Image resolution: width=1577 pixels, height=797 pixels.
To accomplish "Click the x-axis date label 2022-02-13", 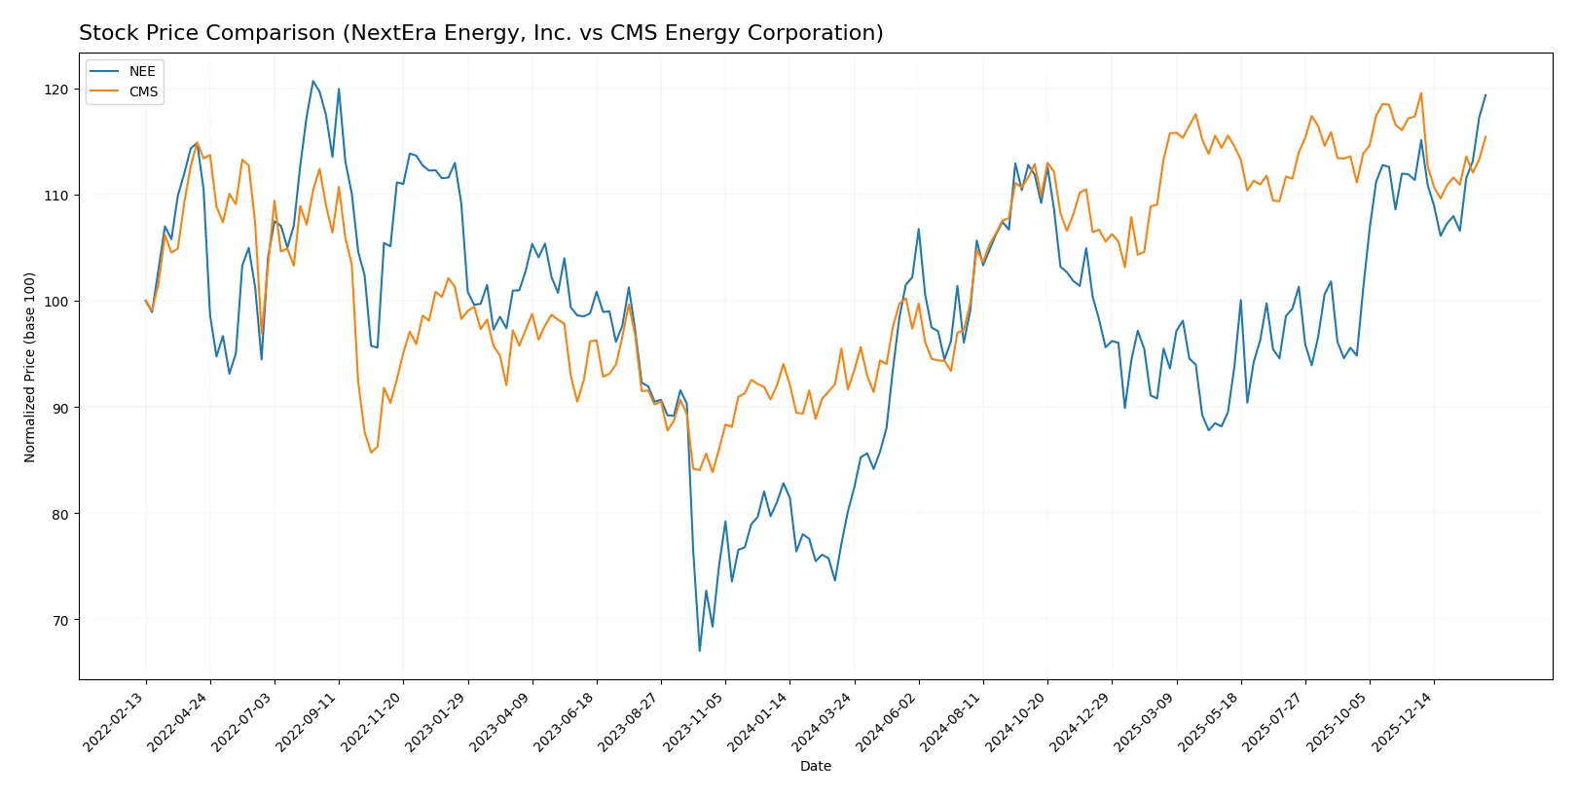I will click(115, 722).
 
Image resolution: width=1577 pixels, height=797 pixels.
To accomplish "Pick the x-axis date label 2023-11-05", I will click(694, 722).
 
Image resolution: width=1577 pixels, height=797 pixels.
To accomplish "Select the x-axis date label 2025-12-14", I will click(1403, 722).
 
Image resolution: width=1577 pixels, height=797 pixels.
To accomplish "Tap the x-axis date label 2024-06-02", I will click(888, 722).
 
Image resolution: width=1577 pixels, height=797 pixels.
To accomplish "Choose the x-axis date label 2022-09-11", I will click(308, 722).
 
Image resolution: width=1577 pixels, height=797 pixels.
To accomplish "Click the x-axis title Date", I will click(815, 766).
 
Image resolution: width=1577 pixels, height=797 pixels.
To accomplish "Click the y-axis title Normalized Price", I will click(30, 367).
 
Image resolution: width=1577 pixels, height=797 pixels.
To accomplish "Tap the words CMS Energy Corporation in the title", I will click(743, 33).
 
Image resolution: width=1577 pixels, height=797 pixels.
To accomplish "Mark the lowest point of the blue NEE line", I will click(699, 650).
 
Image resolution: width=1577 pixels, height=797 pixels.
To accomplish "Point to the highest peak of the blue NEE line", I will click(312, 81).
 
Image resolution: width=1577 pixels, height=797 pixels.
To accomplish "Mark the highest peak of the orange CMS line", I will click(1420, 93).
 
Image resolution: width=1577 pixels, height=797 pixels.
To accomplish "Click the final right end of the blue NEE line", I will click(1485, 95).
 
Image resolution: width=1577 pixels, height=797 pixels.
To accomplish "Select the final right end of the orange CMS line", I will click(1485, 137).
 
